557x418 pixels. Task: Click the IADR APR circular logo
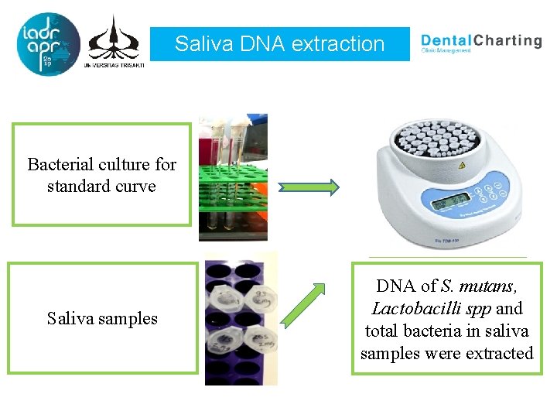47,44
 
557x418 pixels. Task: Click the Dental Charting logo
480,42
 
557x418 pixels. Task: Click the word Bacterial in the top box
62,165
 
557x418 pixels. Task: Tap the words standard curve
101,187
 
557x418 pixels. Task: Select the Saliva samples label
101,318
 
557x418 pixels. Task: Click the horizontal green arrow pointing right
309,187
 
